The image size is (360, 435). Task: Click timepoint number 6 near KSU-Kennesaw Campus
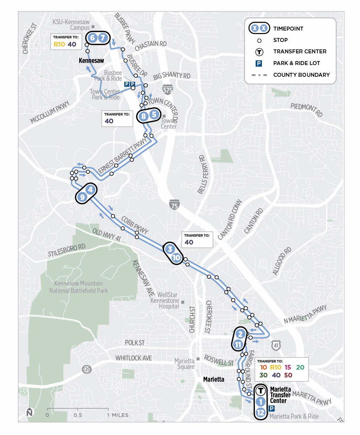click(92, 38)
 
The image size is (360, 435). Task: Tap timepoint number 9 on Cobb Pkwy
click(82, 197)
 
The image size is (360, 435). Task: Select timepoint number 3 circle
click(170, 249)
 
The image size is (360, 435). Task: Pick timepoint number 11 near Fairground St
click(238, 344)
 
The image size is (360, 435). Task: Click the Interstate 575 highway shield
click(168, 89)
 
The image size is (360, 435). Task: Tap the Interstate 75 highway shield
click(174, 204)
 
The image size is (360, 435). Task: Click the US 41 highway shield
click(276, 344)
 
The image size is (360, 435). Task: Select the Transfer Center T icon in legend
click(259, 52)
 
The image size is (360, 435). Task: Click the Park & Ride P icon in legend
click(259, 63)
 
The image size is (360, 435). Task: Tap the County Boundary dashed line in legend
click(259, 75)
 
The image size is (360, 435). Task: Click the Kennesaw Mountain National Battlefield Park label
click(78, 287)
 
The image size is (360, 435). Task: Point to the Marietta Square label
click(185, 364)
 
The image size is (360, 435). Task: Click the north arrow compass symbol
click(29, 412)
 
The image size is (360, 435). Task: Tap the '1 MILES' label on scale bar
click(118, 415)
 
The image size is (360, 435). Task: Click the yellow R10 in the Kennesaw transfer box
click(59, 45)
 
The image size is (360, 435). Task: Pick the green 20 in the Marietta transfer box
click(300, 367)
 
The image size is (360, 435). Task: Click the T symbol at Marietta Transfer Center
click(261, 391)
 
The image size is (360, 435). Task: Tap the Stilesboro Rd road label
click(67, 250)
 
